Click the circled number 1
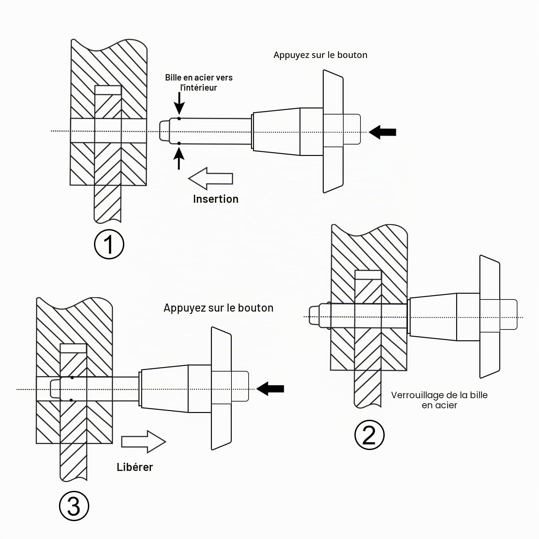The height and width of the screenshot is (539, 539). click(109, 244)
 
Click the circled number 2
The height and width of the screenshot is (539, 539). click(369, 435)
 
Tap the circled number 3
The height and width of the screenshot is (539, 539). click(74, 506)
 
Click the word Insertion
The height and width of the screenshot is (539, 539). click(216, 199)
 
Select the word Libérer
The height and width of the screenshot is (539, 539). click(135, 467)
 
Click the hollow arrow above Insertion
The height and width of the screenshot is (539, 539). click(211, 179)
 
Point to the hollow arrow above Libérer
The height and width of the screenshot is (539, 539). click(144, 442)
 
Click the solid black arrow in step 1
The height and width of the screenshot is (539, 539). click(382, 132)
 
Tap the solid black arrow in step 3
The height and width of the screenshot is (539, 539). click(270, 389)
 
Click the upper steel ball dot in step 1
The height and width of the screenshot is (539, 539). click(179, 119)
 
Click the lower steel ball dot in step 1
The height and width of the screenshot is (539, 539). click(179, 144)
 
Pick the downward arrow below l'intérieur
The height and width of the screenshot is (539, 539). click(179, 103)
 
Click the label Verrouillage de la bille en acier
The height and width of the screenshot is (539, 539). click(439, 400)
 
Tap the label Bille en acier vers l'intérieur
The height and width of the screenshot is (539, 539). click(199, 83)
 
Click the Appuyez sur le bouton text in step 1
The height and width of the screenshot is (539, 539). click(320, 55)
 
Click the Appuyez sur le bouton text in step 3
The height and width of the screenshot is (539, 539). click(218, 308)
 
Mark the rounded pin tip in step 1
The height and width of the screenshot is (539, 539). click(164, 131)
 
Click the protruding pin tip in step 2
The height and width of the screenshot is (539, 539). click(314, 315)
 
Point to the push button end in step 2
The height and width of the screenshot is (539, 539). click(508, 314)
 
